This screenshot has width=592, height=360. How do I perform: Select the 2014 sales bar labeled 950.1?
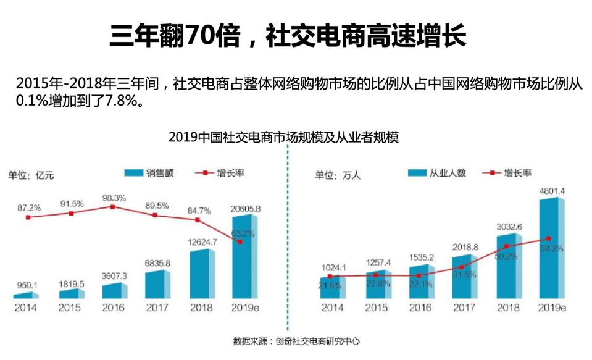25,296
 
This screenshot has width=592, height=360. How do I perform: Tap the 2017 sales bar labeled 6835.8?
157,284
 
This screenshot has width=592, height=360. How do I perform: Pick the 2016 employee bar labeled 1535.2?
422,282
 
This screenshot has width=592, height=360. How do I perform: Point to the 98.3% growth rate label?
114,198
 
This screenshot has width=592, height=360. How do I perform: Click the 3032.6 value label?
509,226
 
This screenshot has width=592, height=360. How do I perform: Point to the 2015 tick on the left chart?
70,308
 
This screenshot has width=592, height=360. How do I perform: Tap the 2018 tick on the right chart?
507,308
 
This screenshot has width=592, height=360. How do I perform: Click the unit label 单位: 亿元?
31,175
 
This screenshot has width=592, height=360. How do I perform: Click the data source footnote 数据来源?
296,341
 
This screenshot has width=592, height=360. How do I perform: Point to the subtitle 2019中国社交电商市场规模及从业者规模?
283,138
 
